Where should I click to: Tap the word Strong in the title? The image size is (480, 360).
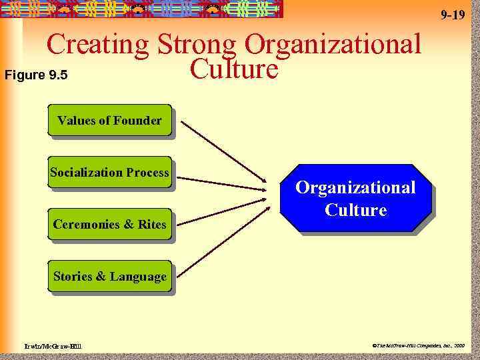(x=197, y=45)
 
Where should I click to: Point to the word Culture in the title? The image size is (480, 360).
(x=233, y=69)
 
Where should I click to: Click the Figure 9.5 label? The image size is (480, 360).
(x=36, y=75)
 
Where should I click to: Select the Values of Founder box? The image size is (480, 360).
(x=109, y=121)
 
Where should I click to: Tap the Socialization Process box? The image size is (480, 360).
(x=109, y=173)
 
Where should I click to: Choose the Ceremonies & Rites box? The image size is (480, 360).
(x=109, y=225)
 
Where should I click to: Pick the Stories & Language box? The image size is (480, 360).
(x=109, y=276)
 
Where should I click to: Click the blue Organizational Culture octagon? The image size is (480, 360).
(x=355, y=199)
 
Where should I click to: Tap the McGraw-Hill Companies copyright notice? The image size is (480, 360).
(x=419, y=345)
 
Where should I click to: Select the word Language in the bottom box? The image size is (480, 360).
(x=139, y=276)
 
